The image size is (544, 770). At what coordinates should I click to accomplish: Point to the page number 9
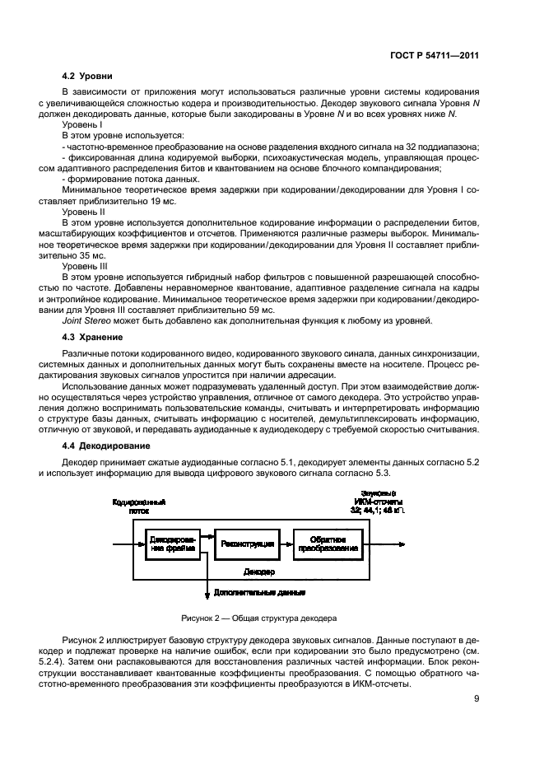tap(477, 700)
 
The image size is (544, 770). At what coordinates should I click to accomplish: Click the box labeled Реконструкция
tap(241, 544)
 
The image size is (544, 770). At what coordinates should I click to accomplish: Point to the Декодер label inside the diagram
tap(260, 571)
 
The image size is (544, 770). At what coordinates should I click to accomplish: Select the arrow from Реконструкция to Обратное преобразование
tap(281, 544)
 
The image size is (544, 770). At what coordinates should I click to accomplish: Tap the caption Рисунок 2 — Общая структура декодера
tap(260, 617)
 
